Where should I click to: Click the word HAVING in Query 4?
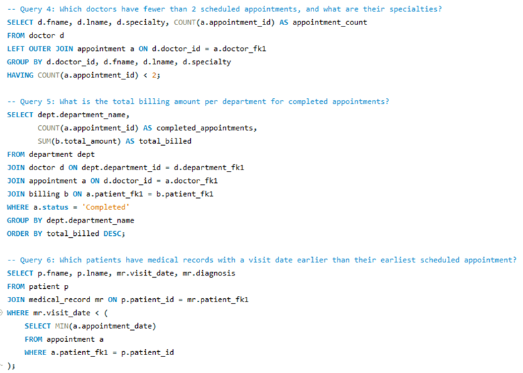coord(20,76)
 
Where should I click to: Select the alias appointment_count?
coord(330,23)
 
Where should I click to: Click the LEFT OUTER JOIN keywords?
coord(40,49)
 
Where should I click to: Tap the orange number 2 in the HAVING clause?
coord(154,76)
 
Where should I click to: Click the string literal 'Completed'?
coord(106,207)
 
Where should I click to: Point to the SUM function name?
coord(44,141)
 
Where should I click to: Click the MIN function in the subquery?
coord(62,326)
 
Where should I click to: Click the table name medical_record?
coord(60,300)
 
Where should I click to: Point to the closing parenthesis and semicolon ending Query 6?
coord(11,366)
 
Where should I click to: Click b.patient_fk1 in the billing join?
coord(185,194)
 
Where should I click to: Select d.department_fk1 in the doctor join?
coord(209,168)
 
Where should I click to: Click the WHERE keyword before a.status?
coord(18,207)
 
